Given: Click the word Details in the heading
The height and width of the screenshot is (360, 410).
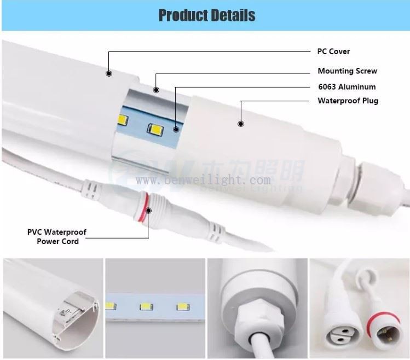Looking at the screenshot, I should click(x=229, y=15).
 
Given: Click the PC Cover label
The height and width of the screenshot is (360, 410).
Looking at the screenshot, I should click(x=333, y=51).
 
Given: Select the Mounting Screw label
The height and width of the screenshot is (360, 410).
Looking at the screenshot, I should click(x=347, y=71).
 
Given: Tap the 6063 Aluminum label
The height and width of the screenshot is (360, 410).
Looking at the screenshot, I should click(x=347, y=86).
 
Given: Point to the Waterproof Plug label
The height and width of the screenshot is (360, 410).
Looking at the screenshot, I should click(x=348, y=101).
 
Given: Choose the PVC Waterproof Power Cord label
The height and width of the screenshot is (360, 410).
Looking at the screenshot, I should click(x=57, y=236).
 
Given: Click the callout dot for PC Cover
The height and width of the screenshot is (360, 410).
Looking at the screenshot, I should click(x=109, y=73).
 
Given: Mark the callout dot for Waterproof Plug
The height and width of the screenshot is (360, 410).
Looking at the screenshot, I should click(x=240, y=124).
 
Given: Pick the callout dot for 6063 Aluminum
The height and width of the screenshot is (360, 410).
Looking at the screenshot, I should click(x=176, y=130).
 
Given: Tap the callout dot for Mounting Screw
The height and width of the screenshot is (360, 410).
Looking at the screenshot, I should click(x=156, y=90).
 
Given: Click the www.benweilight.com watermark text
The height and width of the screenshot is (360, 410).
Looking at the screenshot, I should click(x=203, y=180).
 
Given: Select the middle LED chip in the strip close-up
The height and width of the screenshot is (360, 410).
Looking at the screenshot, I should click(x=146, y=307).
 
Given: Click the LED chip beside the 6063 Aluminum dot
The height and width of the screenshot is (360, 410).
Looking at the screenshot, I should click(x=153, y=129).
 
